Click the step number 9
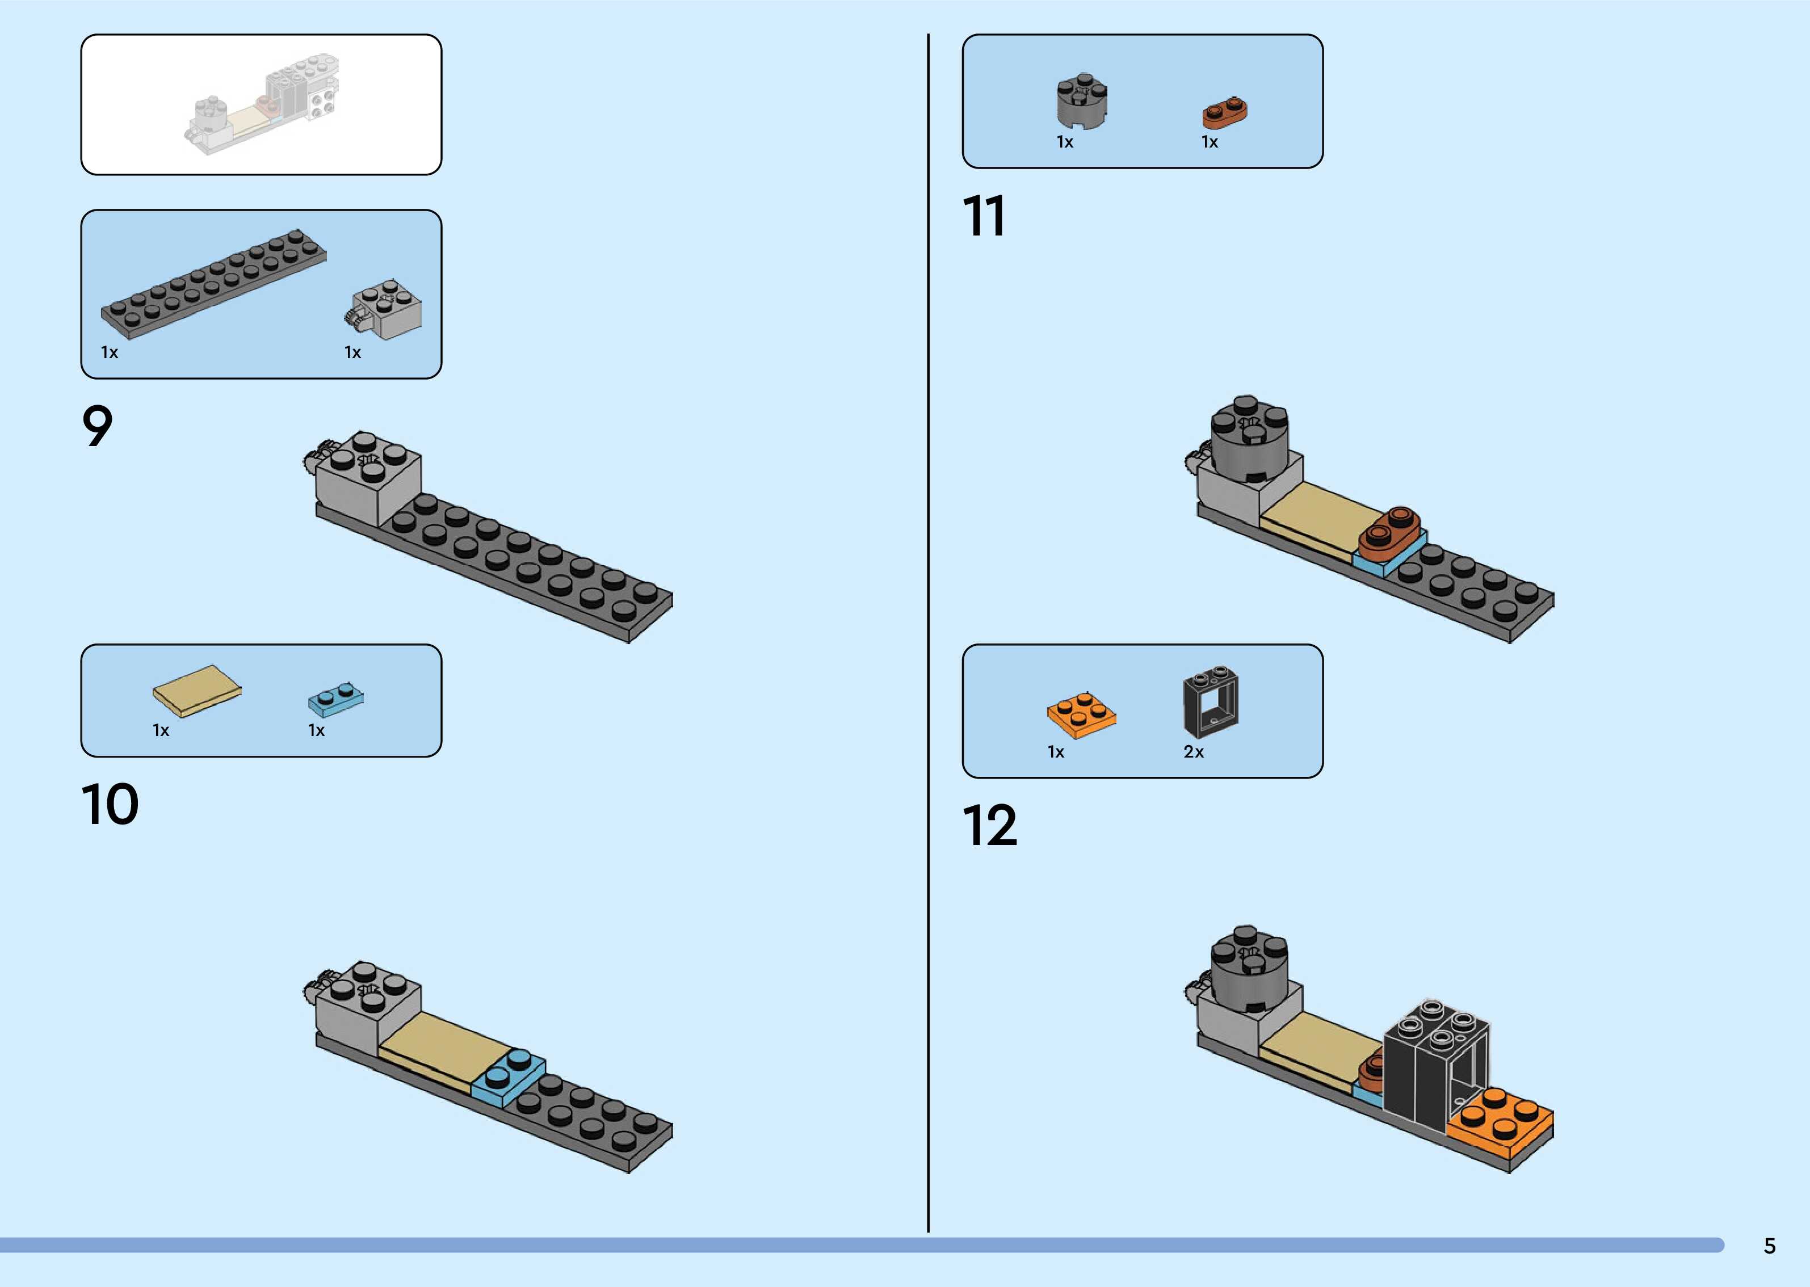pos(98,426)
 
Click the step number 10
pos(110,805)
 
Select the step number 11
pos(984,216)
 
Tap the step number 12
pos(989,826)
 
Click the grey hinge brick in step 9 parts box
pos(385,309)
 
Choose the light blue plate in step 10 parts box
pos(336,697)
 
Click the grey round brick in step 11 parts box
pos(1082,102)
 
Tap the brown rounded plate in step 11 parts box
pos(1224,113)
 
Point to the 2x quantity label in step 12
pos(1194,752)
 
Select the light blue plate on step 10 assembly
pos(508,1078)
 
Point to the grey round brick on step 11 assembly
pos(1250,440)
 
